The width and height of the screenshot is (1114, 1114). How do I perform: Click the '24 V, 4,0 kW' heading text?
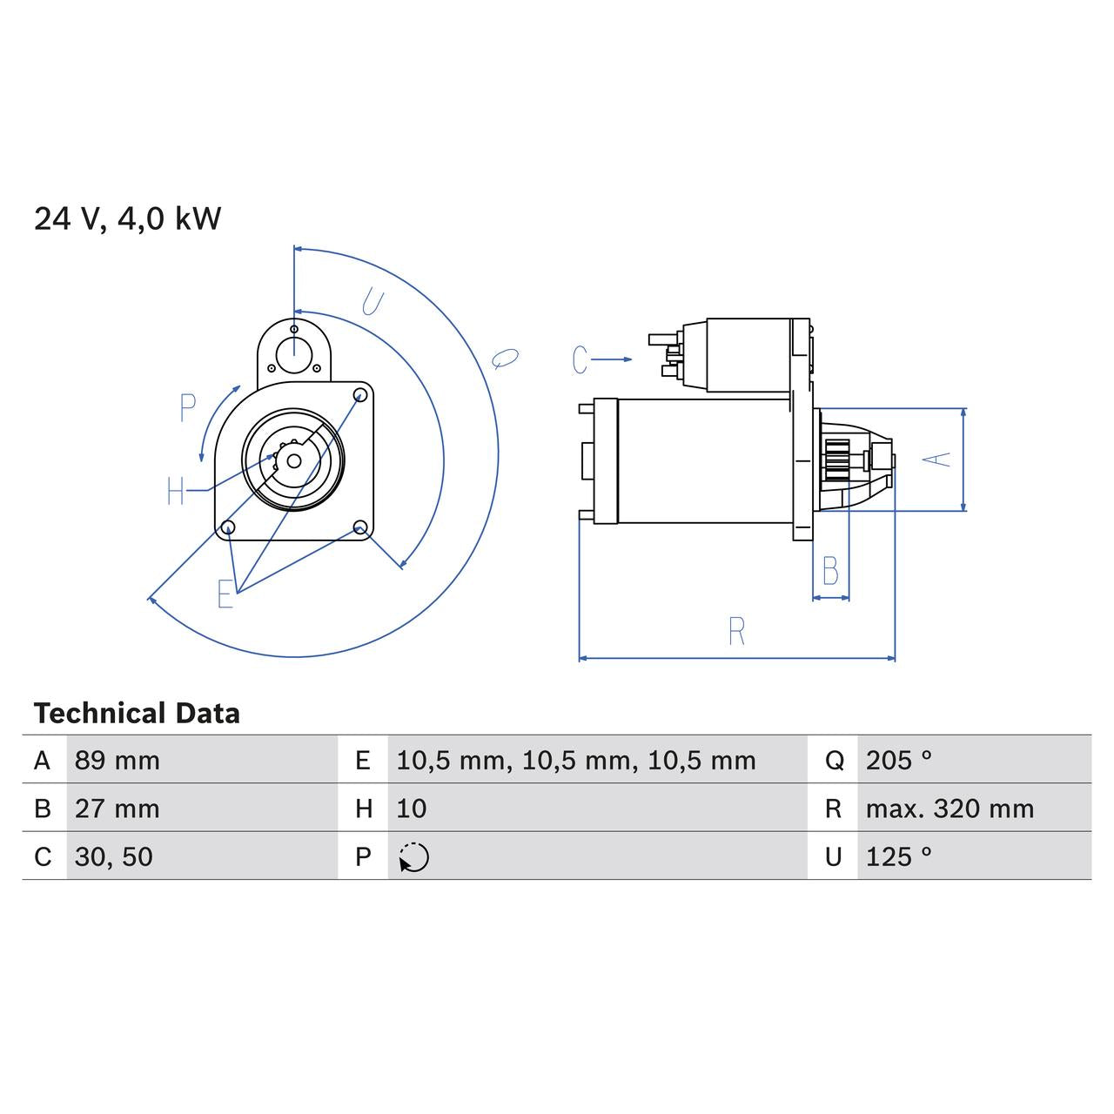(x=128, y=218)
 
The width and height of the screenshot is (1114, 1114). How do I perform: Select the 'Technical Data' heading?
(x=137, y=714)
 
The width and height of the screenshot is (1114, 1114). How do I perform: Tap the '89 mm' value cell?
(x=117, y=761)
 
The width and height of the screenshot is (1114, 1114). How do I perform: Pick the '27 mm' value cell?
(x=117, y=809)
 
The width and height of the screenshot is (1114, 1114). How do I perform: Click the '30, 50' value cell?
(x=114, y=857)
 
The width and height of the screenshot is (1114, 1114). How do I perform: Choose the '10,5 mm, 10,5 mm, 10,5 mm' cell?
(x=576, y=761)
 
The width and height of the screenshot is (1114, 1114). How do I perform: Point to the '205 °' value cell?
(x=899, y=761)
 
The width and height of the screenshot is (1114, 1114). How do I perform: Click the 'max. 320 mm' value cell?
(x=950, y=809)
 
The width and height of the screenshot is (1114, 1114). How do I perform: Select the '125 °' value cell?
(x=899, y=857)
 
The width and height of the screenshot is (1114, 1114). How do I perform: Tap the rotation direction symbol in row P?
(x=414, y=857)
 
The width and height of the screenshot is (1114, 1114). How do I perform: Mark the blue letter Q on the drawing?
(x=505, y=358)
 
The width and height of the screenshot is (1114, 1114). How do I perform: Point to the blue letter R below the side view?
(x=736, y=631)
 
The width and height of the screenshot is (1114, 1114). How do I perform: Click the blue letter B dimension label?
(x=830, y=572)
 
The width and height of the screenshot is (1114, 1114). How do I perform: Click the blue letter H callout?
(x=176, y=492)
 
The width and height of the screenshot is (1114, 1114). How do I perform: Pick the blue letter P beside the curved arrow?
(x=187, y=407)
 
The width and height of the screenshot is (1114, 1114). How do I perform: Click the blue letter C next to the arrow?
(x=580, y=359)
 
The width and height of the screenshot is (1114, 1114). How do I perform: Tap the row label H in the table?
(x=364, y=809)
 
